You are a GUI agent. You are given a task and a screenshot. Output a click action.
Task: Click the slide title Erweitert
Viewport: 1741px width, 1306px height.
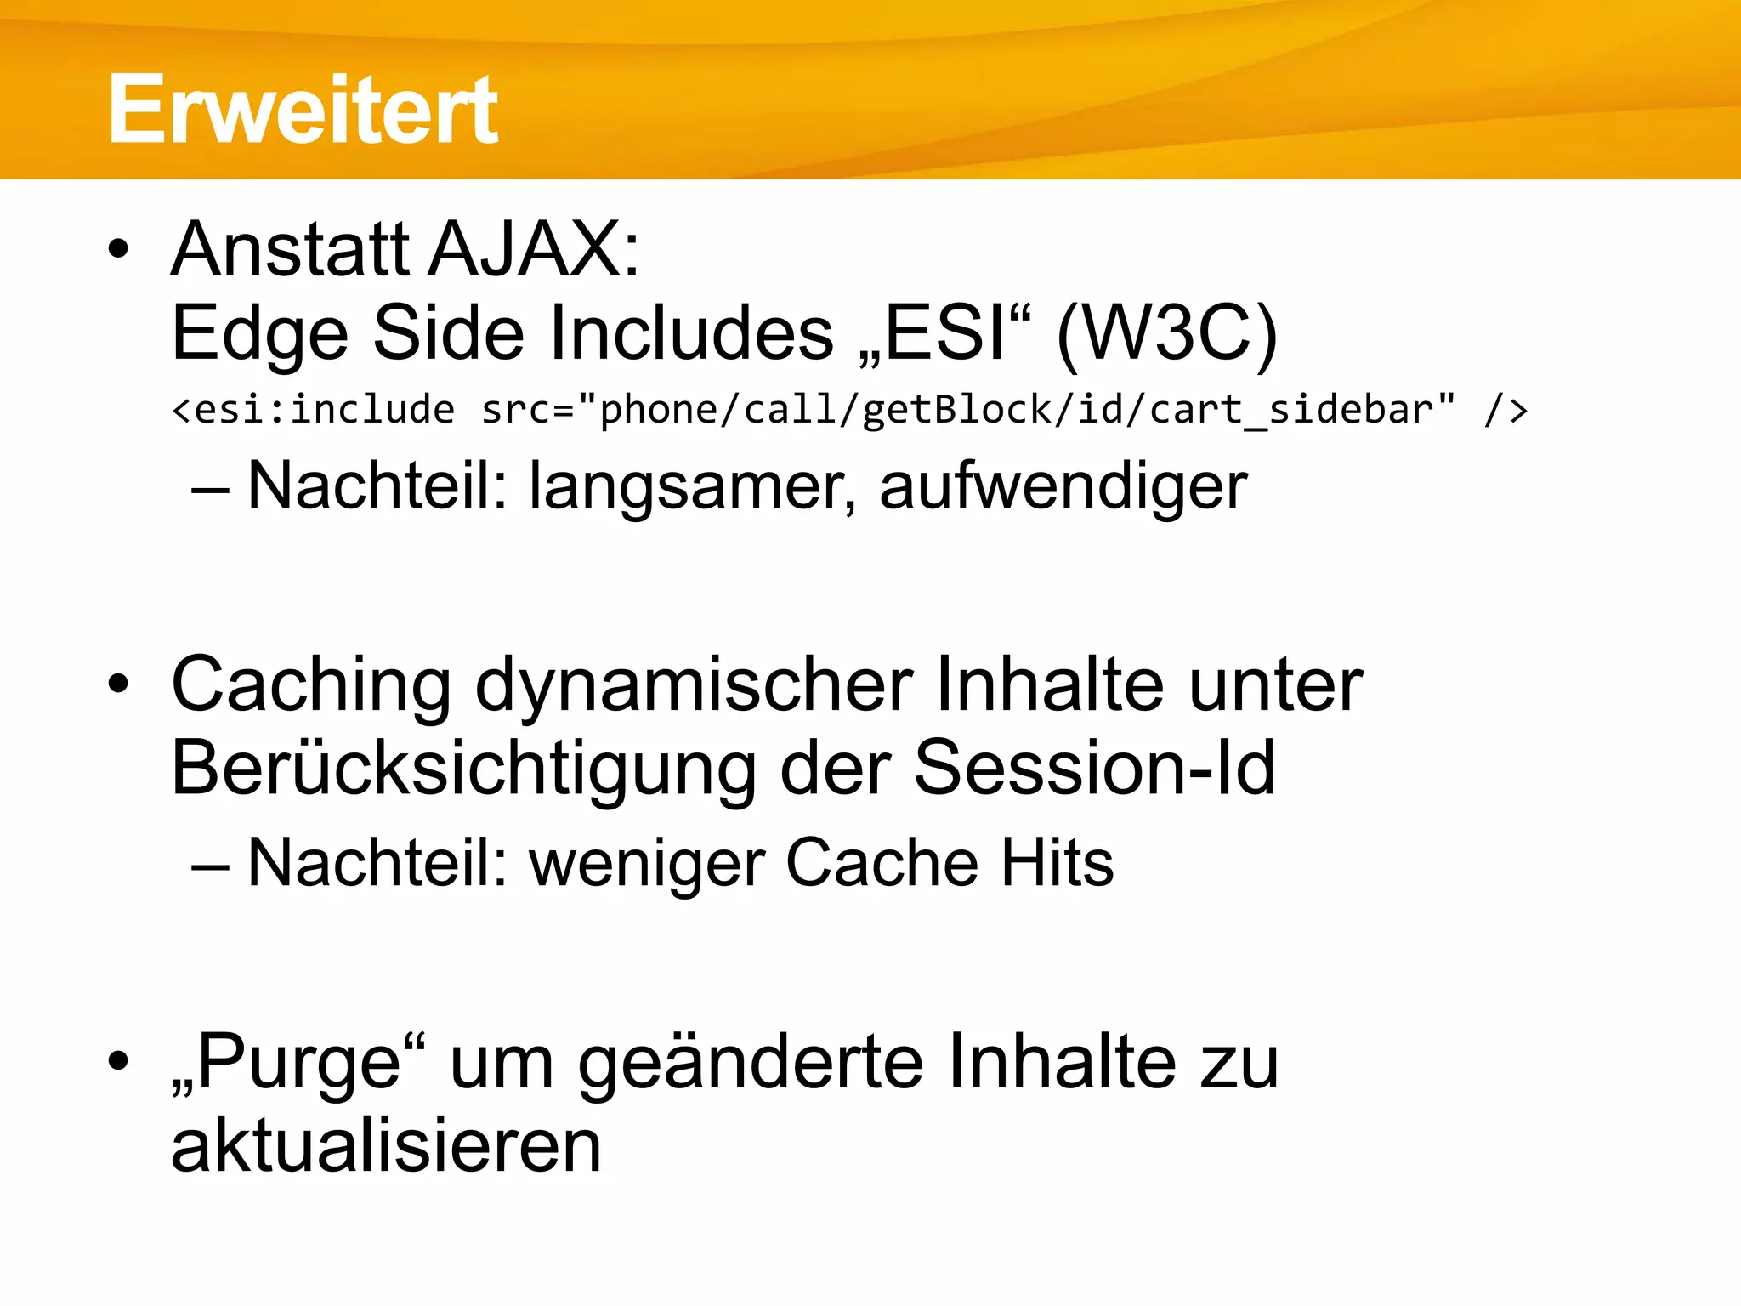click(x=303, y=110)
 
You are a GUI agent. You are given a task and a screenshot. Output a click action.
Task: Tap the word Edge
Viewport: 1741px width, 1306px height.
click(x=260, y=333)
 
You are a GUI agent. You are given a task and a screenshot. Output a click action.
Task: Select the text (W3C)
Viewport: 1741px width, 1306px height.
click(x=1166, y=333)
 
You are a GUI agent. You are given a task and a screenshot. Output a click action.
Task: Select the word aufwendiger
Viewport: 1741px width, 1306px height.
click(x=1063, y=486)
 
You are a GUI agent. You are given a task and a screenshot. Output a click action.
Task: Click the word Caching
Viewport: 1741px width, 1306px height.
click(x=311, y=685)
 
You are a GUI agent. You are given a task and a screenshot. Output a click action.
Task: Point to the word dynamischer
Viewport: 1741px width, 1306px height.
click(x=694, y=685)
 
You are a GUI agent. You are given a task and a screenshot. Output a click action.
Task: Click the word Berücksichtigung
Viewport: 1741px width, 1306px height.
click(x=463, y=769)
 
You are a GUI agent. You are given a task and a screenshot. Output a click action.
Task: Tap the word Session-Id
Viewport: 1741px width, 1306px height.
click(x=1094, y=769)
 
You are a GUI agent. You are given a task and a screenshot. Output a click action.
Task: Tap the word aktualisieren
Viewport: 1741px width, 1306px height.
click(x=386, y=1146)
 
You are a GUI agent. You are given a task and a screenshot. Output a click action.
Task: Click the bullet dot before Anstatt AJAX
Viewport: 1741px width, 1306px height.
click(x=119, y=250)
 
